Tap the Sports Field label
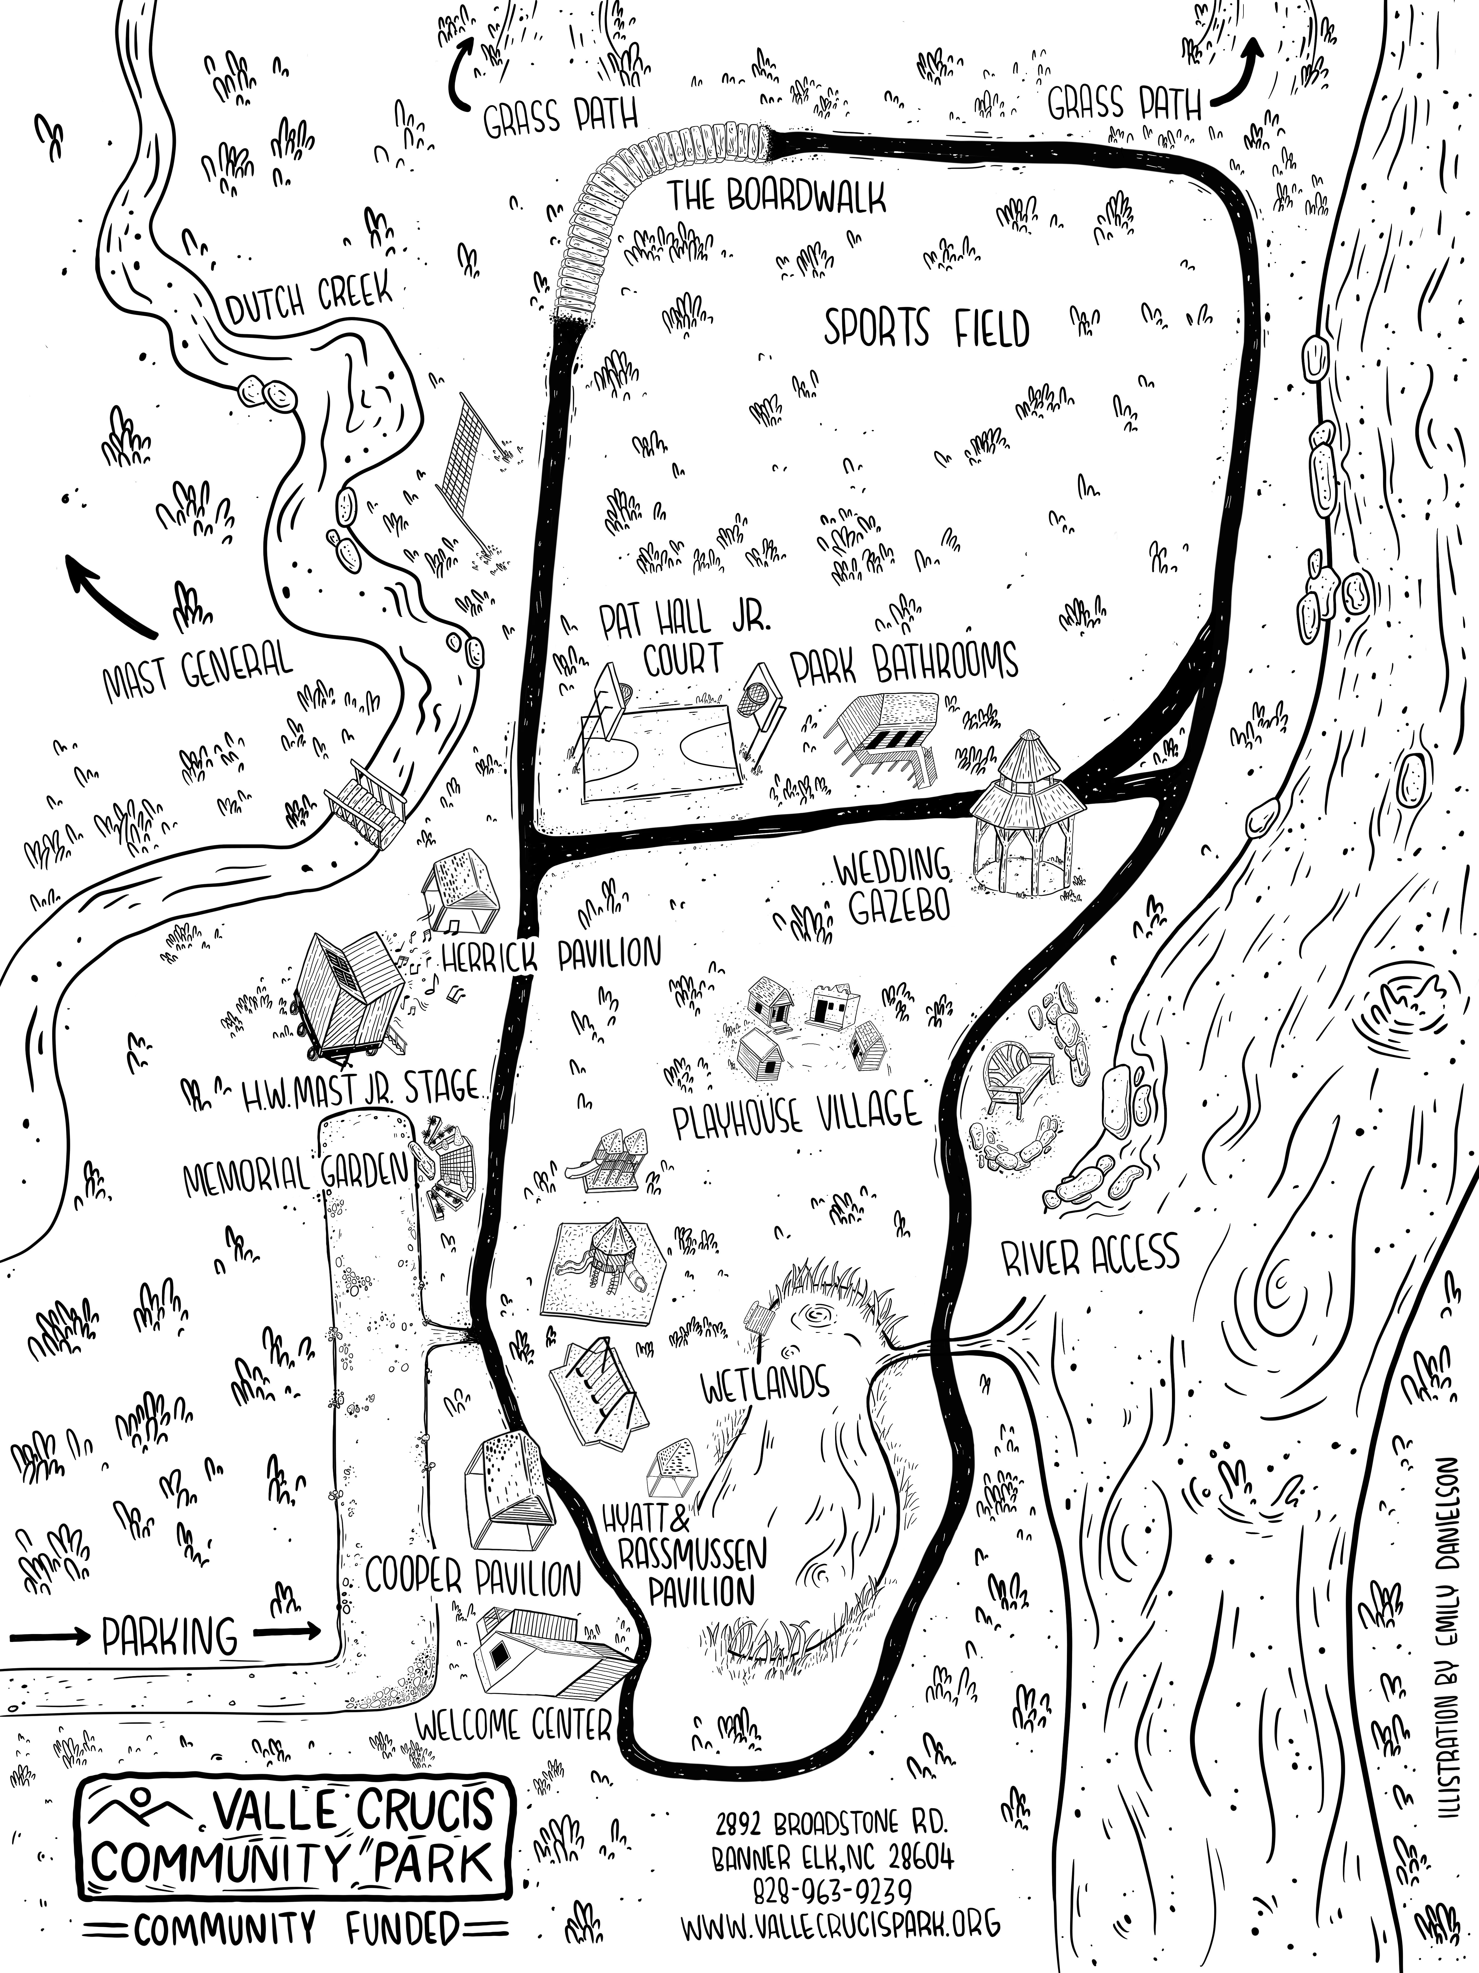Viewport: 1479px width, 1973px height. click(x=925, y=328)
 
